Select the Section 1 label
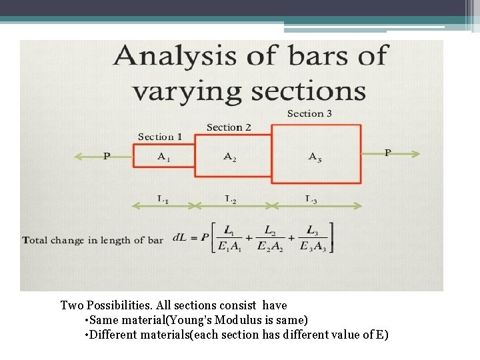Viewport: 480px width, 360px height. coord(160,137)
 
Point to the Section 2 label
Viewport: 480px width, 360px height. coord(229,127)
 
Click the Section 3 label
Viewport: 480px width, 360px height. coord(309,114)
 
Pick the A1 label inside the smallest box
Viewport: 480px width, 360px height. coord(163,157)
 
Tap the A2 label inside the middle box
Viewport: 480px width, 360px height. coord(229,157)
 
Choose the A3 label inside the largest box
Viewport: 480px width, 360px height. coord(315,157)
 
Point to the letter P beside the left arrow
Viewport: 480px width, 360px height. coord(107,157)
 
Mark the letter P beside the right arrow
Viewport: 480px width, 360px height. coord(388,153)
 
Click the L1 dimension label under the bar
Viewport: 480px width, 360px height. coord(163,199)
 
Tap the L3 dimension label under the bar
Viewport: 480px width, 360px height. coord(311,199)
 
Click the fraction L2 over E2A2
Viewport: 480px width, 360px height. coord(269,239)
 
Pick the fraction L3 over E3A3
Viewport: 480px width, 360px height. coord(311,239)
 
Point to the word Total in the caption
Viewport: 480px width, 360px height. coord(34,240)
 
